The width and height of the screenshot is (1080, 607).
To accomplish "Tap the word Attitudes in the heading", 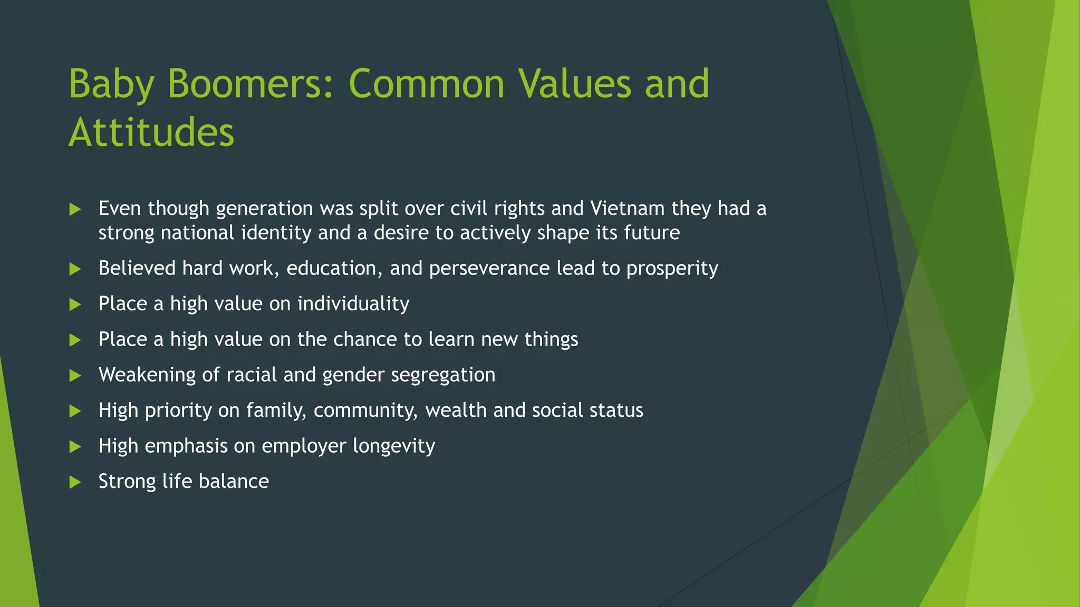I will tap(151, 132).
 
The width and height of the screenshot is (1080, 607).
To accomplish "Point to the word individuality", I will tap(353, 304).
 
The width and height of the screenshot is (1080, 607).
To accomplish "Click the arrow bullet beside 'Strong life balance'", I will tap(75, 482).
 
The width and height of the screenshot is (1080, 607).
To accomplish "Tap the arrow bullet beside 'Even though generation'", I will tap(75, 210).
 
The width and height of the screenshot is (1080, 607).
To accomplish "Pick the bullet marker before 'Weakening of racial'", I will tap(75, 376).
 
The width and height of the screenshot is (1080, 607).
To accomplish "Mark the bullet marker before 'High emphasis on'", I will tap(75, 447).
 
